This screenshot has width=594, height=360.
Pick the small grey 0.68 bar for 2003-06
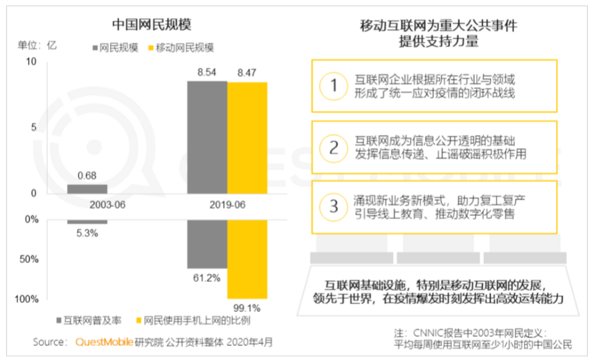click(87, 188)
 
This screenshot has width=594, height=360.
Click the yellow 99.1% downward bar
click(247, 258)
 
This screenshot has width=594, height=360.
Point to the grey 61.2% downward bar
click(207, 244)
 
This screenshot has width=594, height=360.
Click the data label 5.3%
click(87, 233)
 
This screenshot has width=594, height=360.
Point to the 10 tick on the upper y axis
click(31, 62)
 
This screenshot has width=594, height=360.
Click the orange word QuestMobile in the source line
click(103, 342)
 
